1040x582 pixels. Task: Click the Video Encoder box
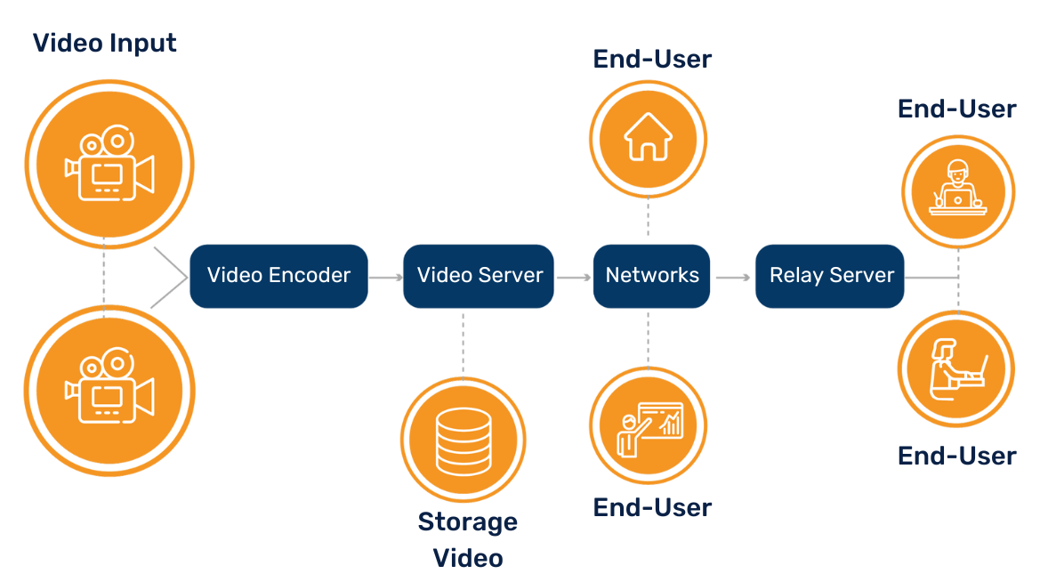coord(278,276)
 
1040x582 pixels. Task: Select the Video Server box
coord(480,276)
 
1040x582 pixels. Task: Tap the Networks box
coord(652,276)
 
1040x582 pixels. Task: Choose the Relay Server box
coord(831,276)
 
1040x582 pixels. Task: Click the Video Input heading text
coord(105,43)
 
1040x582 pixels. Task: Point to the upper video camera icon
coord(109,165)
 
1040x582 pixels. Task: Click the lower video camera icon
coord(109,389)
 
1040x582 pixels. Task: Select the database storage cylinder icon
coord(463,440)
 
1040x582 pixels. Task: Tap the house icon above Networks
coord(648,139)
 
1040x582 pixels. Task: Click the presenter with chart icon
coord(649,424)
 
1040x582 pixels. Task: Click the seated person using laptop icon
coord(956,368)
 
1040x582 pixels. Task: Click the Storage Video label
coord(468,539)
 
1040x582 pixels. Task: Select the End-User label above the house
coord(652,59)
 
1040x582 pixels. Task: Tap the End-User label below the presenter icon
coord(652,507)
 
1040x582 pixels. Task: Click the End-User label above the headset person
coord(956,109)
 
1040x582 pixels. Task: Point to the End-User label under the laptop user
coord(956,456)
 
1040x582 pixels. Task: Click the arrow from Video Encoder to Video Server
coord(385,278)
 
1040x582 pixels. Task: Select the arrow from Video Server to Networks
coord(575,278)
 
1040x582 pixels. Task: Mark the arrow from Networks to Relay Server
coord(733,278)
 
